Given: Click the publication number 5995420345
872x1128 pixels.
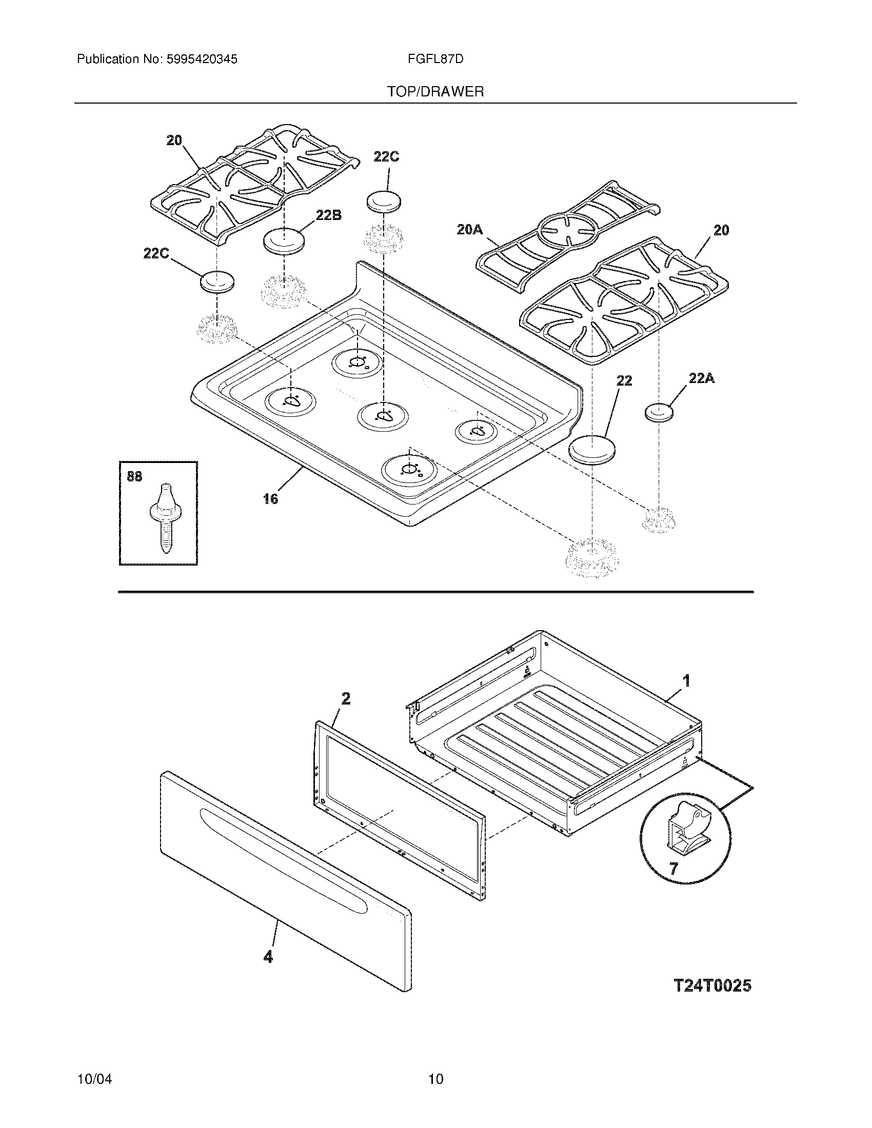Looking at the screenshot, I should (x=202, y=59).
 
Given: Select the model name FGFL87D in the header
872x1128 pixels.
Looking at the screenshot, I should (x=435, y=59).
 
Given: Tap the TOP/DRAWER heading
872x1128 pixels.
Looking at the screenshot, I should (x=435, y=92).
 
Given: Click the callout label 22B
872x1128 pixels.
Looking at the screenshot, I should (x=329, y=215).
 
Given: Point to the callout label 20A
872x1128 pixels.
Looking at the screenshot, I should (x=469, y=230).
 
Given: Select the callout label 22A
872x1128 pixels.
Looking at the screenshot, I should (x=702, y=378).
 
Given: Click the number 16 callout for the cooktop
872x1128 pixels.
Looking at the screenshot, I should (x=270, y=498).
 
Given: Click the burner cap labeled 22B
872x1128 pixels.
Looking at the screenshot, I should (x=284, y=240).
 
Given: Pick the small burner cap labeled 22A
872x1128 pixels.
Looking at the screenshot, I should (x=660, y=413).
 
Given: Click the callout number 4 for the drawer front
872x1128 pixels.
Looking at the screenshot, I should (x=268, y=957).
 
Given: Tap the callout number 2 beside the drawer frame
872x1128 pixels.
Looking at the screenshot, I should (x=346, y=698).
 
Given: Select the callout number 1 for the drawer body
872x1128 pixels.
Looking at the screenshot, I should (x=686, y=680).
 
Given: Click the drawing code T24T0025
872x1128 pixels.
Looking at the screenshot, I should (x=712, y=985).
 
